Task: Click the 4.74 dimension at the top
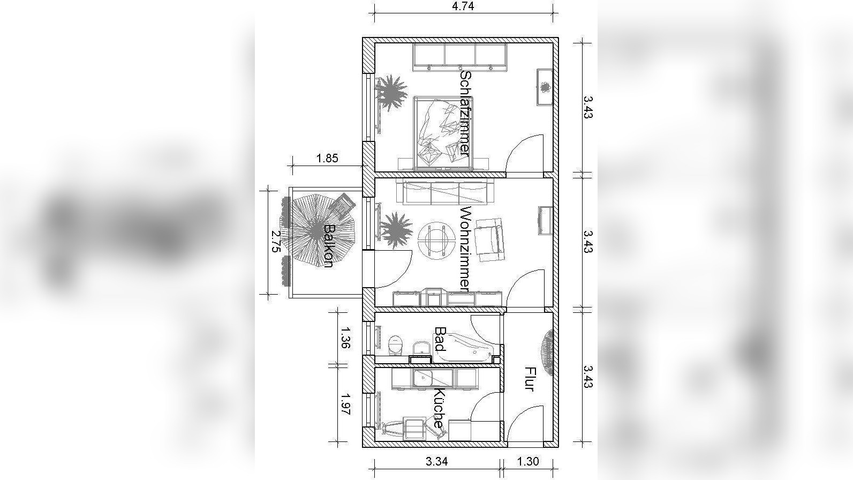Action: (x=463, y=6)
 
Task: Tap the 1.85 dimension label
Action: (x=327, y=158)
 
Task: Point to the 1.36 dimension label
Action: (x=345, y=337)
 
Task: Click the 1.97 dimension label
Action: (x=345, y=403)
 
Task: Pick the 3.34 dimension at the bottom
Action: (x=436, y=461)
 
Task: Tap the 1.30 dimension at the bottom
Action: (x=528, y=461)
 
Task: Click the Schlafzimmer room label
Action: (x=465, y=113)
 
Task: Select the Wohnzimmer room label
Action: (x=465, y=250)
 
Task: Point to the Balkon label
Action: (x=328, y=246)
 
